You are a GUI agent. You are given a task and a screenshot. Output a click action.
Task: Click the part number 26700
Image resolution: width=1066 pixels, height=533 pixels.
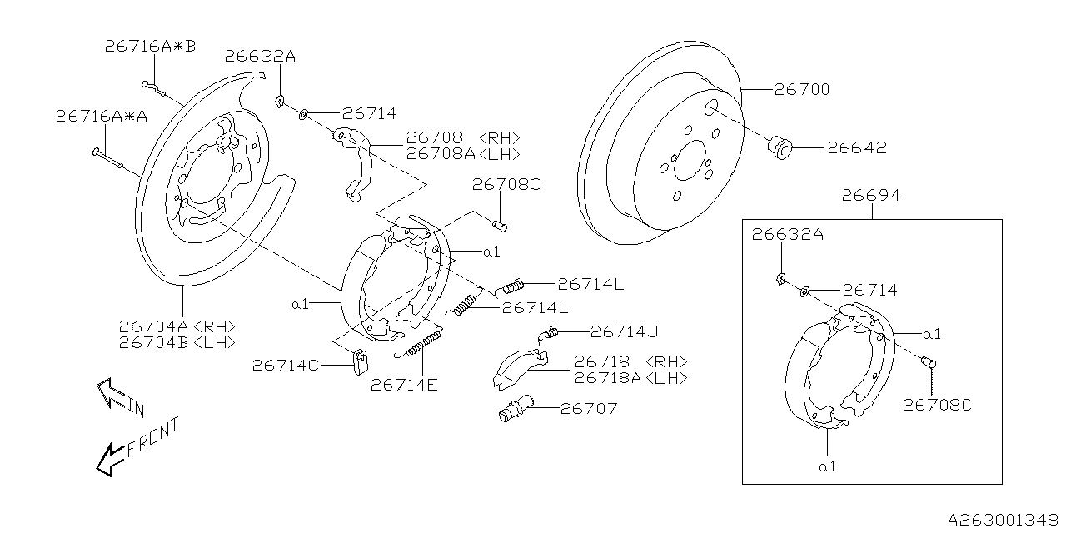coord(802,89)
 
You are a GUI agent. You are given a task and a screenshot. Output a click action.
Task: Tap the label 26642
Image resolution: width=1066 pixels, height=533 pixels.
coord(856,149)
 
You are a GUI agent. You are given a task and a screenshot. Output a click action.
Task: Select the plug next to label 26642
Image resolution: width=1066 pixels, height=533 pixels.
coord(780,148)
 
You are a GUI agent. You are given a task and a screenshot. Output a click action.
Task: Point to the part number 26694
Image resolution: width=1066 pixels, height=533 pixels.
coord(870,196)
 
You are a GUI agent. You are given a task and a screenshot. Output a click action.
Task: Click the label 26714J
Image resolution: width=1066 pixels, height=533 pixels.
coord(624,331)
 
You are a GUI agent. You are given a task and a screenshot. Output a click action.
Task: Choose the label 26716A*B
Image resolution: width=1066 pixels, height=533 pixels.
coord(150,47)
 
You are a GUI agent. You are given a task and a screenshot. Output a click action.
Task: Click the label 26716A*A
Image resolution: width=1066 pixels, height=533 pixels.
coord(102,117)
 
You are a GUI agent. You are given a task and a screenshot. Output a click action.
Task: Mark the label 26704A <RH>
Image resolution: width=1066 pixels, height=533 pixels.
coord(177,326)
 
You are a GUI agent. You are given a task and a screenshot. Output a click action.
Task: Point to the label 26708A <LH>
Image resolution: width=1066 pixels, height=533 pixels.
coord(463,154)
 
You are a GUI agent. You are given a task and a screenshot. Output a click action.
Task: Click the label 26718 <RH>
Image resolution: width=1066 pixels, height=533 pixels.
coord(630,362)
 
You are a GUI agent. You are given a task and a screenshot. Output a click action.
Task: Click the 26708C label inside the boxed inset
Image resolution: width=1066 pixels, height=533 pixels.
coord(938,406)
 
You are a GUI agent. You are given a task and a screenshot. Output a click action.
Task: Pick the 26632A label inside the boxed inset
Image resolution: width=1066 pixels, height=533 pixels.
coord(788,235)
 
